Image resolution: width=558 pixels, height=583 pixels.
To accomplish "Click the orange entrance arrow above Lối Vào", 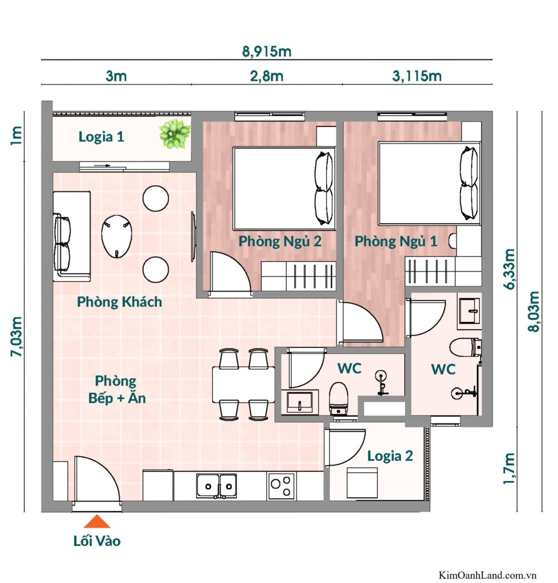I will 97,522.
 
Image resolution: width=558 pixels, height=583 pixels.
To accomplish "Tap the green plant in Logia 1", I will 174,134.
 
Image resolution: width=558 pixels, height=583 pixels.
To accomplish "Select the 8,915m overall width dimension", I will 267,52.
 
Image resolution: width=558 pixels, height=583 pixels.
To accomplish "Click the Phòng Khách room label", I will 120,302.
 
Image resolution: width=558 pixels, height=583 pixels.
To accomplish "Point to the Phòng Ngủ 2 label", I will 280,241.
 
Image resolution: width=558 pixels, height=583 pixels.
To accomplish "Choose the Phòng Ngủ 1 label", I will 396,241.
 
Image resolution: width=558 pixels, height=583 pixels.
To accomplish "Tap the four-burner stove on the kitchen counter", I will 280,486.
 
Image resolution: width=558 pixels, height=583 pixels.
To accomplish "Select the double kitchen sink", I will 217,486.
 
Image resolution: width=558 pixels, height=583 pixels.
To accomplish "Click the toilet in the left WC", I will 339,397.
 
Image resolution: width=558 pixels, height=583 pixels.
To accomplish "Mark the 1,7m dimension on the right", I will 509,469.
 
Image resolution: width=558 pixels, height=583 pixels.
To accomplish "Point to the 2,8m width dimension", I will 267,76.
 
